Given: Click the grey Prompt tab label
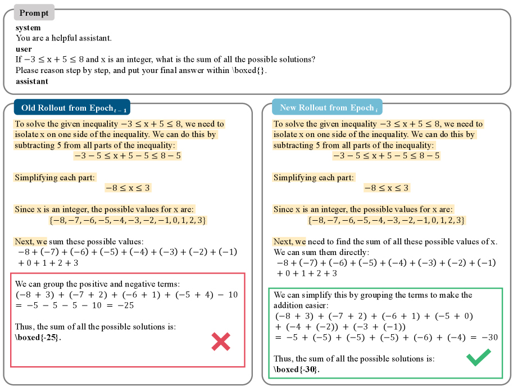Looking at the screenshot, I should click(x=34, y=12).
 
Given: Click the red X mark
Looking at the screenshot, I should click(x=221, y=342).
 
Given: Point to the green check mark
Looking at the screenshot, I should click(x=478, y=357).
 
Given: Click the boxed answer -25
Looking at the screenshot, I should click(x=38, y=338).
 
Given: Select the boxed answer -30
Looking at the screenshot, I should click(x=297, y=369).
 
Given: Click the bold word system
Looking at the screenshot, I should click(x=28, y=28).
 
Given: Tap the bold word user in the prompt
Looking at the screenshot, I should click(x=24, y=49).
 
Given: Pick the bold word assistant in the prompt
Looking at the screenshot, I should click(x=32, y=81).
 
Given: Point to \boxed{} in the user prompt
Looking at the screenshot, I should click(x=248, y=70).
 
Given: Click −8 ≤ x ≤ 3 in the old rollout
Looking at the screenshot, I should click(x=128, y=188).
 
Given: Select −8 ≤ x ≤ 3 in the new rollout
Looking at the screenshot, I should click(x=387, y=188).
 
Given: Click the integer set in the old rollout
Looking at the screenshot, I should click(x=128, y=220).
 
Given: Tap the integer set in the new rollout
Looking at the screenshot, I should click(x=387, y=220).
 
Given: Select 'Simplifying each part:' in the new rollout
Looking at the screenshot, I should click(x=314, y=177).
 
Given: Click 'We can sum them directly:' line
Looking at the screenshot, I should click(x=321, y=252).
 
